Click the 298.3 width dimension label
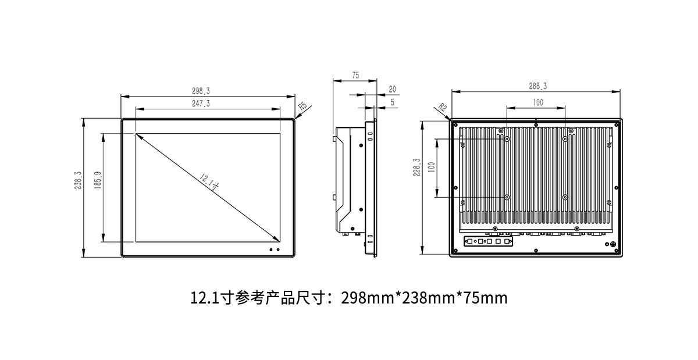[201, 91]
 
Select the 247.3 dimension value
[201, 104]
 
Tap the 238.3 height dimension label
[78, 180]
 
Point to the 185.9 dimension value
[98, 180]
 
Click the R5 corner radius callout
[302, 106]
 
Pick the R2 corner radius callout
[443, 107]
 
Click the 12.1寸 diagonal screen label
[209, 183]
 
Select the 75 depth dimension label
[355, 75]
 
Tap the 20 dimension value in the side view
[392, 90]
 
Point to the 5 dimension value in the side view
[392, 102]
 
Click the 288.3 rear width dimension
[537, 86]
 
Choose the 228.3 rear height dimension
[416, 167]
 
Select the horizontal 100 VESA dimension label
[538, 102]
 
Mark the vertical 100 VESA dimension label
[432, 167]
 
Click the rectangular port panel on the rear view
[488, 241]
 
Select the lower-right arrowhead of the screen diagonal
[277, 240]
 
